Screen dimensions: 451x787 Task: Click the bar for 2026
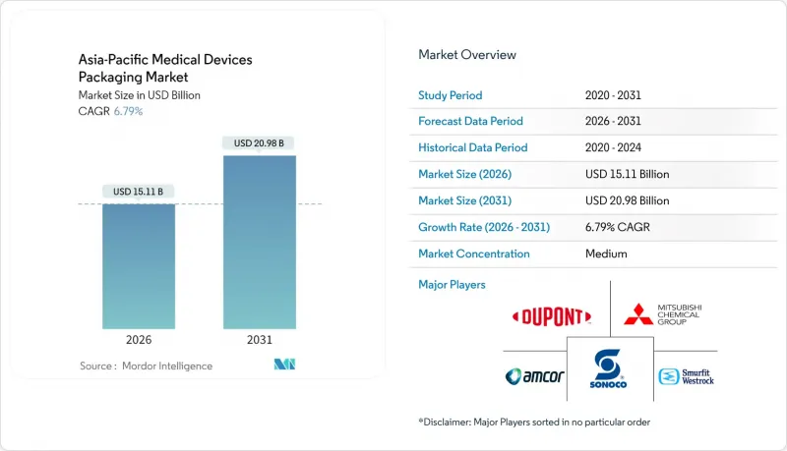coord(139,265)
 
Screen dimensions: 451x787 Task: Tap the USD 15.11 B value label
coord(139,191)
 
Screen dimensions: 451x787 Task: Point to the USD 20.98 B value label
coord(259,142)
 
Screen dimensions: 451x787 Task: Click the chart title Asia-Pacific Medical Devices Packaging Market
coord(165,68)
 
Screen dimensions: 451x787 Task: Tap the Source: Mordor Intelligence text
coord(146,366)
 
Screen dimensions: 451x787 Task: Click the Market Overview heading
coord(467,55)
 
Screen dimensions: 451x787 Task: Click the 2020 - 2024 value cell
coord(618,147)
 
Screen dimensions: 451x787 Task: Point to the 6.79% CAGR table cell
coord(618,227)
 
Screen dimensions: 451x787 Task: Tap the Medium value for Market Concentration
coord(606,254)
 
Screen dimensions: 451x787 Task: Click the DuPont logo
coord(552,316)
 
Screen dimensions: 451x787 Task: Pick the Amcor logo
coord(534,376)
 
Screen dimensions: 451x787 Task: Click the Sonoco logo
coord(610,369)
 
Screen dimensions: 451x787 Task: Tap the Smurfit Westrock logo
coord(686,376)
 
